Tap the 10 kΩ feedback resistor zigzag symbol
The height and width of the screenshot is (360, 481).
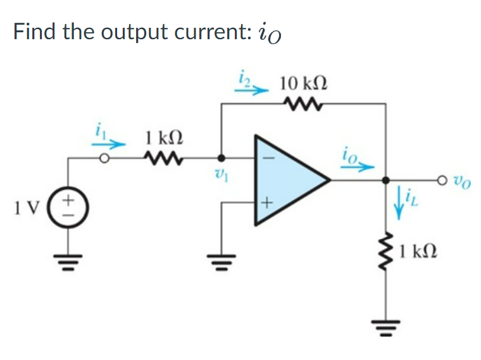point(303,104)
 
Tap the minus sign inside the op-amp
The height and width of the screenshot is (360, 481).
point(266,158)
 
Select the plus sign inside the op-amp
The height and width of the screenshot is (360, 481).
point(266,203)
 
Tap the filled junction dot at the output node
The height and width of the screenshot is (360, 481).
point(387,181)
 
